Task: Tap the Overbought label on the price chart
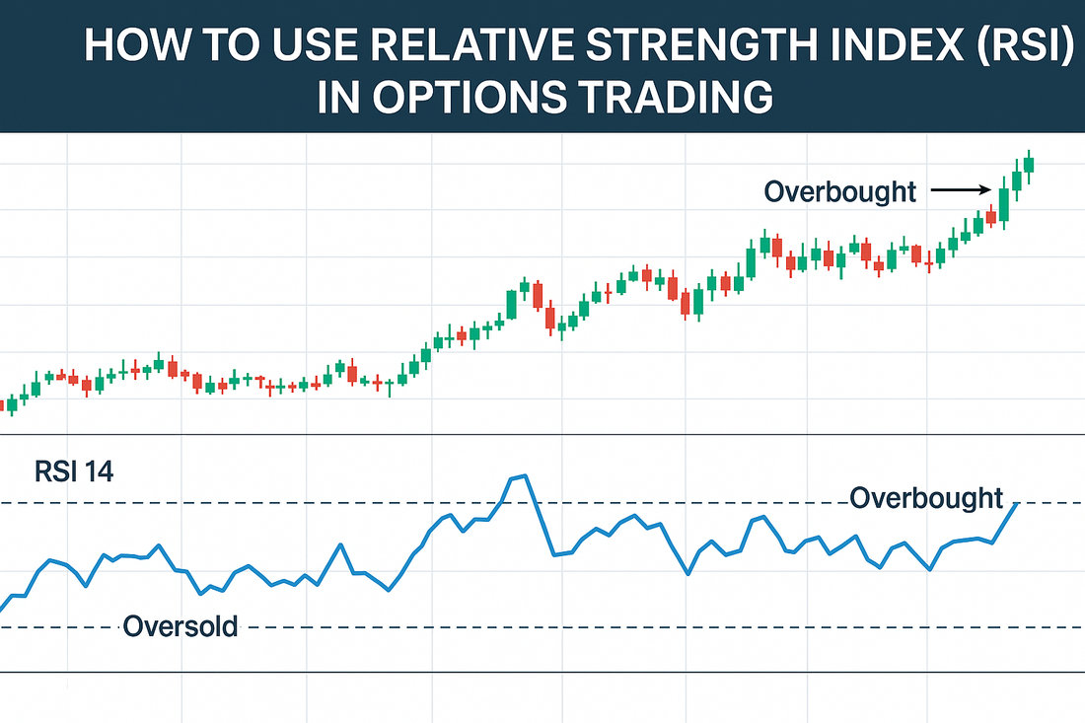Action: pos(839,190)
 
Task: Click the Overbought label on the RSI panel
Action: pos(925,498)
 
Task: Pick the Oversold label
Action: pos(181,625)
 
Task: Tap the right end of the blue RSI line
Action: pos(1016,503)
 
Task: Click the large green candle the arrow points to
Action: pos(1004,204)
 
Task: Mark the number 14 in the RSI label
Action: pos(99,471)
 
